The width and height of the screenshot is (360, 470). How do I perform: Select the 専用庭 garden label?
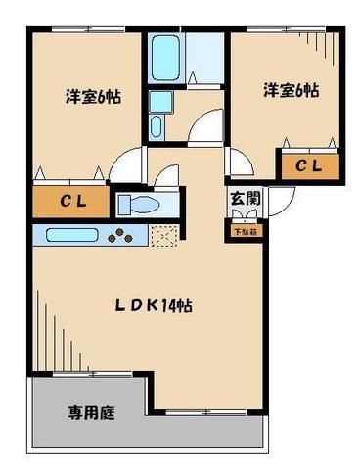pyautogui.click(x=91, y=413)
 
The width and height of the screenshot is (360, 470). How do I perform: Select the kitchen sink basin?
pyautogui.click(x=68, y=236)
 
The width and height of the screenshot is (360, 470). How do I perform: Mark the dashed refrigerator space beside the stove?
pyautogui.click(x=163, y=236)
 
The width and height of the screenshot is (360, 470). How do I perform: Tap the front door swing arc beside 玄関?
pyautogui.click(x=277, y=200)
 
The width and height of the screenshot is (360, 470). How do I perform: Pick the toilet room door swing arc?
pyautogui.click(x=168, y=178)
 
